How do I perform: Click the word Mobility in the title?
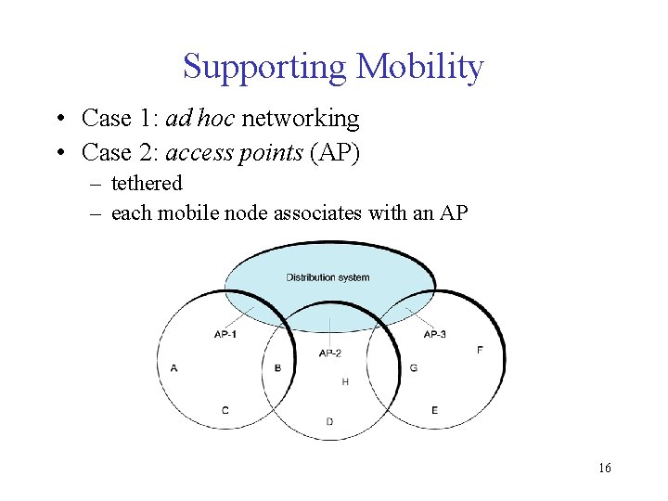(419, 67)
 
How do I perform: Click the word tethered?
(147, 183)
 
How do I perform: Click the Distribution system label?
(328, 277)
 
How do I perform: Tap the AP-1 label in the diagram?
(225, 334)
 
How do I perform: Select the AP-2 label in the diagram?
(330, 353)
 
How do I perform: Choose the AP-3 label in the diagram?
(434, 334)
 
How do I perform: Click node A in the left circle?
(174, 368)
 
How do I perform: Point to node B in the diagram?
(277, 368)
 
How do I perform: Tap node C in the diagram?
(225, 409)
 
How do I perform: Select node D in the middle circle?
(329, 421)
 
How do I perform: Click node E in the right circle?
(434, 409)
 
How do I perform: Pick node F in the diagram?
(480, 350)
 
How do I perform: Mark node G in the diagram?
(413, 368)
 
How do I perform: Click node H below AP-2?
(345, 381)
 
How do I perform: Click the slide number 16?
(605, 468)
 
